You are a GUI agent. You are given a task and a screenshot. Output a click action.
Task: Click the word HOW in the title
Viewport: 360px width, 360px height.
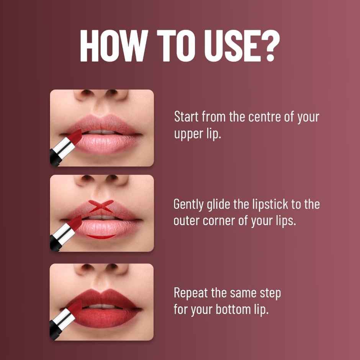tap(110, 46)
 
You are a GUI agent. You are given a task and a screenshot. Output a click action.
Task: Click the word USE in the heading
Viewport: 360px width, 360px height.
tap(227, 46)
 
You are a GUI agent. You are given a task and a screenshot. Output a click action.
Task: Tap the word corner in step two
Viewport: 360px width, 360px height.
tap(217, 221)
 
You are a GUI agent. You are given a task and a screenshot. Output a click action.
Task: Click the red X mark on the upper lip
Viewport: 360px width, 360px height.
tap(101, 206)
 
